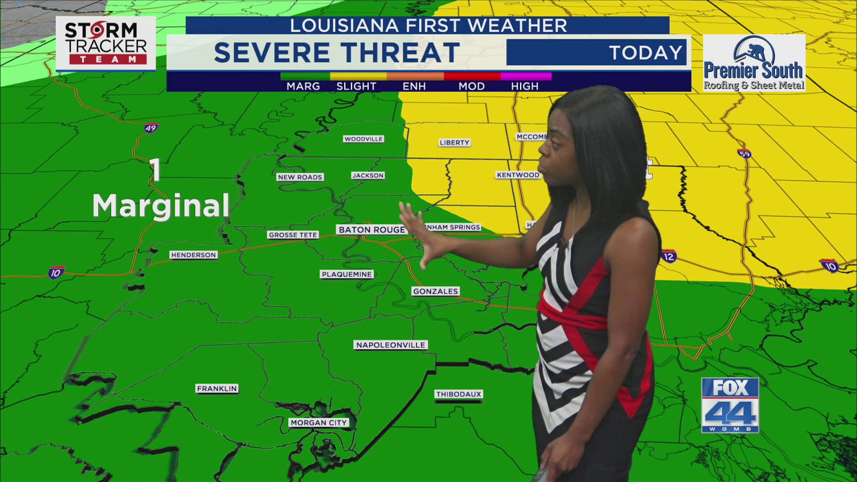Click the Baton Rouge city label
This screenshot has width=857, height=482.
click(371, 229)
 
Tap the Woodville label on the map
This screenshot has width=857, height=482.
click(363, 139)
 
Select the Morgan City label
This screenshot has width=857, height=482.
click(319, 423)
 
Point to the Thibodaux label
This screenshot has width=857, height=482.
click(458, 394)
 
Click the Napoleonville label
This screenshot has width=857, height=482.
click(391, 345)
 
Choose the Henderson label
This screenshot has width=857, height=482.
click(193, 255)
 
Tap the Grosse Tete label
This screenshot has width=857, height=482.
click(293, 235)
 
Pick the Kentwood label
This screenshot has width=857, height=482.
click(518, 175)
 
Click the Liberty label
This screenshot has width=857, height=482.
click(454, 143)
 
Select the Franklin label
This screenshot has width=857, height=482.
click(217, 389)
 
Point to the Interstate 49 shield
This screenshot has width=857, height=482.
click(151, 128)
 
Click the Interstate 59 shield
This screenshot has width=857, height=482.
click(744, 154)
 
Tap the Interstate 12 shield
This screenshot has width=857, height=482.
click(669, 257)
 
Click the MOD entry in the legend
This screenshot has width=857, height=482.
click(471, 86)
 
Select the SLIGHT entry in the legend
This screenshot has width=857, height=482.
click(356, 86)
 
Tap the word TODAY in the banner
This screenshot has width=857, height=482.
click(645, 53)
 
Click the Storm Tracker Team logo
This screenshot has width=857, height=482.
click(106, 44)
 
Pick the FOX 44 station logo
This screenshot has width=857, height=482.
click(730, 405)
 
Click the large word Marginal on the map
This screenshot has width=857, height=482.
click(161, 206)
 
